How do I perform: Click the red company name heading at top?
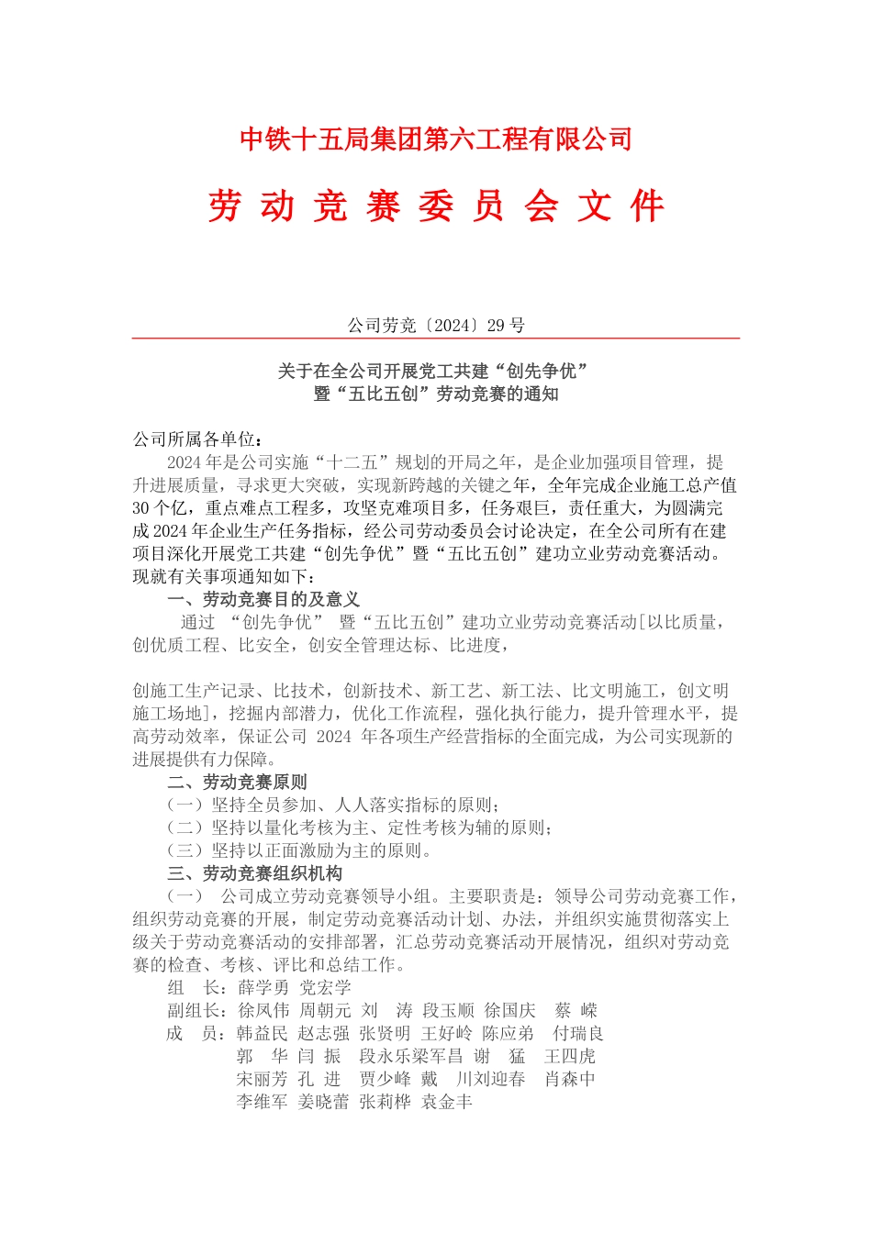436,139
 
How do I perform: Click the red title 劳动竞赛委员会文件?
436,206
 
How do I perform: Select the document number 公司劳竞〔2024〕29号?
436,326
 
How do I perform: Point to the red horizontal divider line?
436,339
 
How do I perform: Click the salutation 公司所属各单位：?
198,439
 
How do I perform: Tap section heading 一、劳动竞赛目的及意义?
263,600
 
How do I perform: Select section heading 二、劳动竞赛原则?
237,783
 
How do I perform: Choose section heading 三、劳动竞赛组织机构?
254,873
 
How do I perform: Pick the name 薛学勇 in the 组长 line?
263,988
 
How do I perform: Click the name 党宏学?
325,988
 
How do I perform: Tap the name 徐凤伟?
263,1011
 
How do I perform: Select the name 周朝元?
325,1011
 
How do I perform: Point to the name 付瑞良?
577,1034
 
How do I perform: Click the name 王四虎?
569,1057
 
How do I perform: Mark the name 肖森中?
569,1080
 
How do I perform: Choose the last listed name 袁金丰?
447,1103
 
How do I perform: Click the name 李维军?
262,1103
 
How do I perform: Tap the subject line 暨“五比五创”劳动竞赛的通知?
436,394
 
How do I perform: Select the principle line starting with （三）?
299,850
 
